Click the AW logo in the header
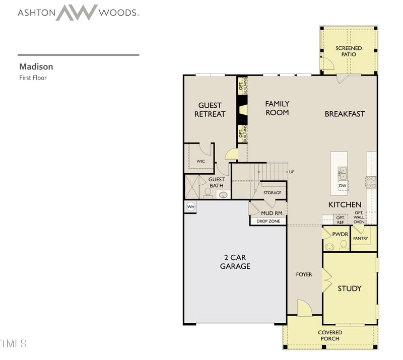click(77, 12)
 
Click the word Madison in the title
click(36, 66)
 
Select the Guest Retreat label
click(210, 110)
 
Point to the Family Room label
click(277, 108)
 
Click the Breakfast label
click(345, 114)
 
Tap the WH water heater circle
click(190, 207)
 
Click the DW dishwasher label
click(343, 186)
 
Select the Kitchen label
click(345, 204)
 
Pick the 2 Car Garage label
click(235, 261)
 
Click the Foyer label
click(304, 274)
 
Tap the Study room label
click(349, 289)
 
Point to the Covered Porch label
click(330, 335)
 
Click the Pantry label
click(360, 238)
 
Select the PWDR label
click(335, 234)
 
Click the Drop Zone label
click(268, 221)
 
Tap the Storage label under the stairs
click(273, 193)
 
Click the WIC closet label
click(200, 161)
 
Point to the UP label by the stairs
click(292, 172)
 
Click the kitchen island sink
click(343, 173)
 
